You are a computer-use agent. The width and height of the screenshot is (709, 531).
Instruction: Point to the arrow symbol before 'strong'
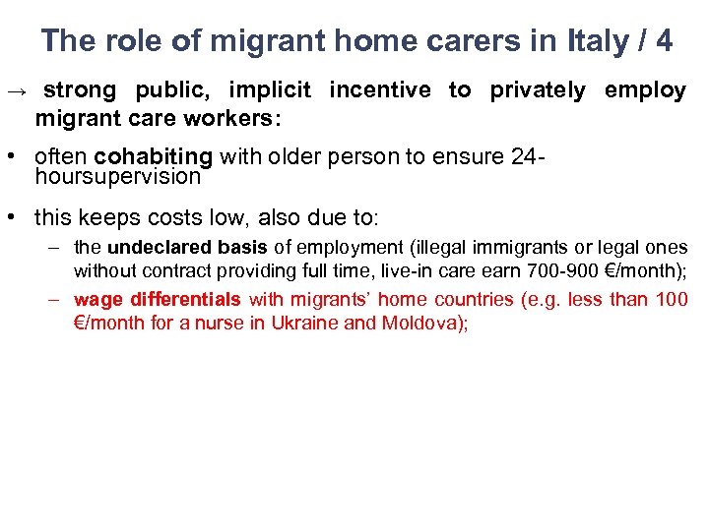coord(17,91)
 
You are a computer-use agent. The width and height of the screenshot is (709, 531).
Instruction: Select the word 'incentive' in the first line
coord(380,90)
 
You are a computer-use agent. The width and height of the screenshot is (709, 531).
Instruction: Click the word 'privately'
coord(537,90)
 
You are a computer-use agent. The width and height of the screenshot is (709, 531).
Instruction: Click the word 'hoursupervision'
coord(117,177)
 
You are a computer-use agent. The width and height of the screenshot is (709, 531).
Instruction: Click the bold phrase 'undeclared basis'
coord(187,248)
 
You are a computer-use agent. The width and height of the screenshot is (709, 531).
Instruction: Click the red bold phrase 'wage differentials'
coord(158,299)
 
